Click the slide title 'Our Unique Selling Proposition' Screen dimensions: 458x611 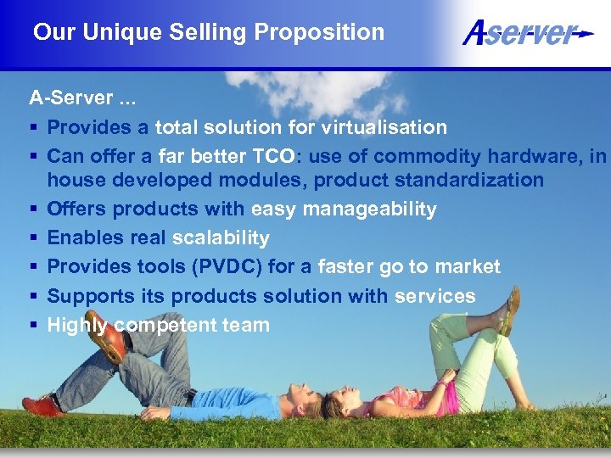point(208,33)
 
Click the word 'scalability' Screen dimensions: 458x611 point(221,237)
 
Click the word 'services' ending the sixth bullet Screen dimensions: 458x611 point(434,296)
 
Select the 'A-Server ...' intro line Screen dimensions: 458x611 point(81,98)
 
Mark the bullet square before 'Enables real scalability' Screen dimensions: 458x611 point(34,238)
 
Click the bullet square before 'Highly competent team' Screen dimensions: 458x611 point(34,326)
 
